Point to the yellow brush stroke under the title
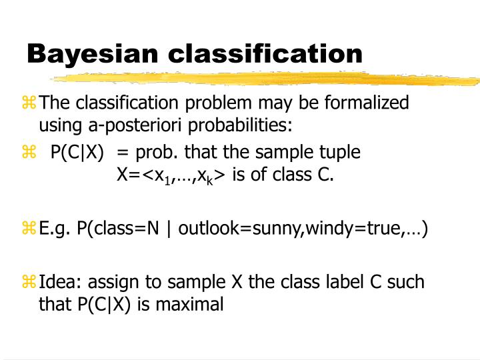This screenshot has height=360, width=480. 267,79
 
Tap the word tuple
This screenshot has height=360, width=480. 339,152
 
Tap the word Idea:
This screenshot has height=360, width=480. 61,283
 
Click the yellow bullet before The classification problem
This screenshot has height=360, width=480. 29,103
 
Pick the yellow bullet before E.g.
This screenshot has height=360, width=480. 29,229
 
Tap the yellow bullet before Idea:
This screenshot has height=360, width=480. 29,282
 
